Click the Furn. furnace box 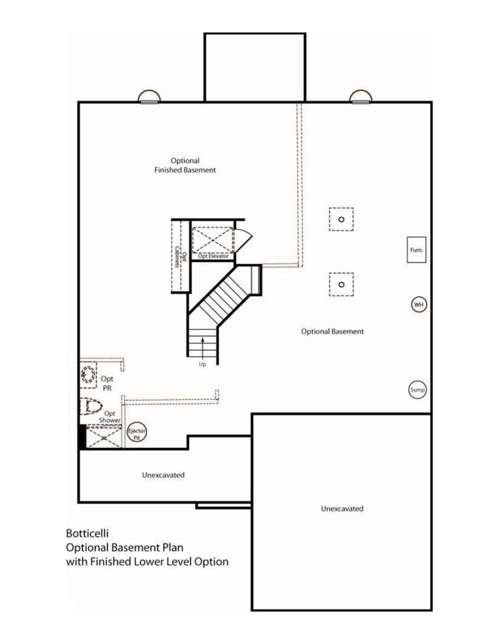pyautogui.click(x=416, y=250)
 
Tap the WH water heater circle pyautogui.click(x=418, y=305)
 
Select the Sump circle pyautogui.click(x=417, y=390)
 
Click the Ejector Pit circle pyautogui.click(x=137, y=433)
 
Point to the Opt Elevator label pyautogui.click(x=213, y=256)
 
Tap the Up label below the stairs pyautogui.click(x=202, y=364)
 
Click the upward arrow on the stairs pyautogui.click(x=203, y=348)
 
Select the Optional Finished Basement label pyautogui.click(x=185, y=165)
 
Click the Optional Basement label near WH pyautogui.click(x=332, y=331)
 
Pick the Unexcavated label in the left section pyautogui.click(x=163, y=475)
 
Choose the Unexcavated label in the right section pyautogui.click(x=342, y=508)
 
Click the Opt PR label pyautogui.click(x=107, y=383)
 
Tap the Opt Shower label pyautogui.click(x=110, y=417)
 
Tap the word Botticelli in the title pyautogui.click(x=87, y=534)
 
